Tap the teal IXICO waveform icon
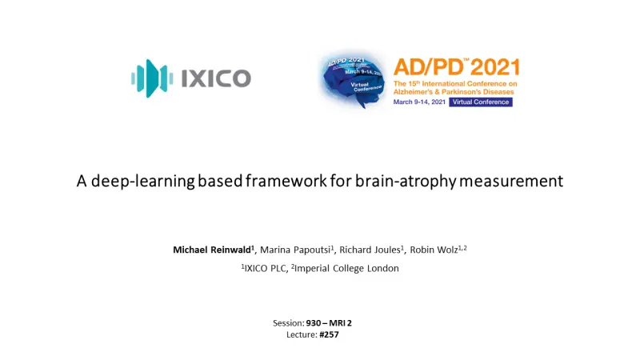pos(152,78)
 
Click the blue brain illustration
pos(351,82)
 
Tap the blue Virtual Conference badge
pos(481,102)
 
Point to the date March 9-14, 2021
pos(419,102)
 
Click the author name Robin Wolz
pos(434,250)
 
